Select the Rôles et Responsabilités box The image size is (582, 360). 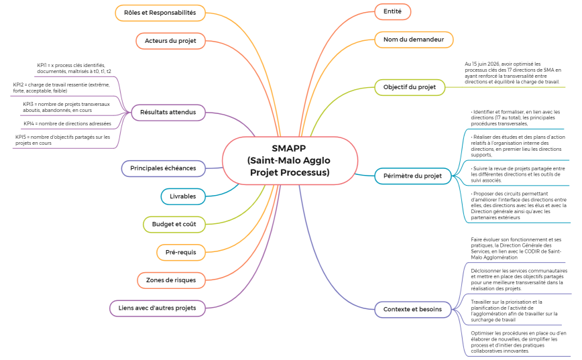160,13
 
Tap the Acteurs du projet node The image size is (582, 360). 170,41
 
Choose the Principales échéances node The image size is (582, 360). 163,168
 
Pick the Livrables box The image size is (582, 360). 182,196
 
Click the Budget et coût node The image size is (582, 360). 174,224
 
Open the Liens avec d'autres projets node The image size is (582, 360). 157,308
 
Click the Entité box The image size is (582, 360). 392,11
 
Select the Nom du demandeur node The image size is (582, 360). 413,40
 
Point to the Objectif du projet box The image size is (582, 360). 409,87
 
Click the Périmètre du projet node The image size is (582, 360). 412,176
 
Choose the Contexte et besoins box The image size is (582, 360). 412,309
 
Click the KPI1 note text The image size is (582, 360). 74,68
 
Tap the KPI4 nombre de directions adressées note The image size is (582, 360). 67,123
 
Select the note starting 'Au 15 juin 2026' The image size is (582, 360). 512,73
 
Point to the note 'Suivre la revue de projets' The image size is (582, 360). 518,174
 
